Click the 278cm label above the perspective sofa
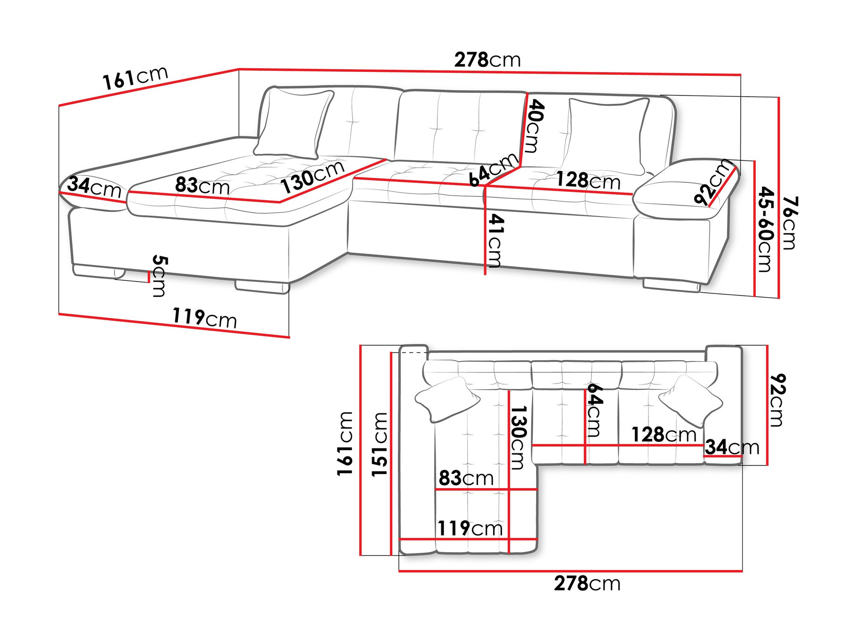point(487,60)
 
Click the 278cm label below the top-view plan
point(587,584)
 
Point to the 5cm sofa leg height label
point(160,276)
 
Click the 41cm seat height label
point(495,240)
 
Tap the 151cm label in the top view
point(380,444)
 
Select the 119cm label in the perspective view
point(204,318)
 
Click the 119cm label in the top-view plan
point(470,528)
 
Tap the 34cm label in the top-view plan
point(732,447)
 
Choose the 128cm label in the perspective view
point(588,180)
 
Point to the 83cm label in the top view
point(466,478)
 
